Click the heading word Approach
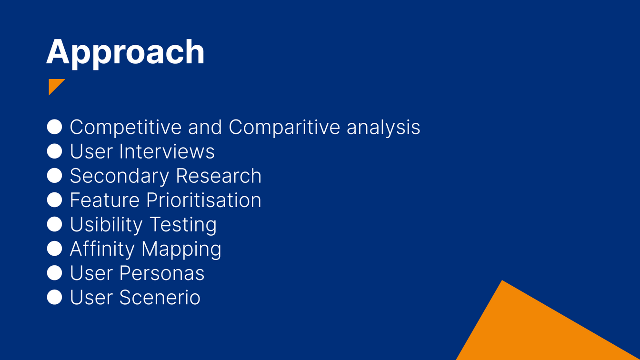(125, 53)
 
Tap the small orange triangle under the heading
(54, 85)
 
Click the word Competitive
(126, 127)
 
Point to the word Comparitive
(284, 127)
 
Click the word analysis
(383, 127)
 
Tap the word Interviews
(167, 151)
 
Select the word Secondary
(120, 176)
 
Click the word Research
(219, 175)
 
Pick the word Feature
(105, 200)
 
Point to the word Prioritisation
(204, 200)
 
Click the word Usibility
(106, 225)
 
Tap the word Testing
(183, 225)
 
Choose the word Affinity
(102, 249)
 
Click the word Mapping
(181, 249)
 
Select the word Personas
(162, 273)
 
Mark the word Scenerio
(160, 297)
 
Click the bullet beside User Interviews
(54, 151)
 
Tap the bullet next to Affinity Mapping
(54, 249)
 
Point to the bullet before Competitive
(54, 127)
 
